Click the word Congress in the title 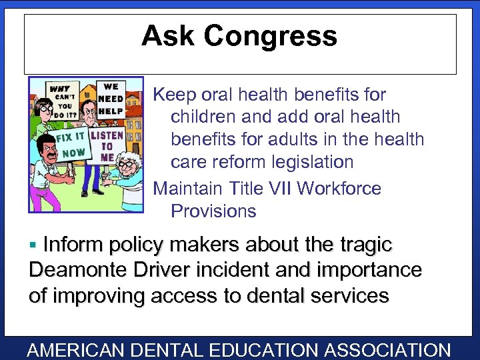coord(272,36)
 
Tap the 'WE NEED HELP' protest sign coord(110,99)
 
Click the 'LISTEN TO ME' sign coord(107,147)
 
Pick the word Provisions coord(213,211)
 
